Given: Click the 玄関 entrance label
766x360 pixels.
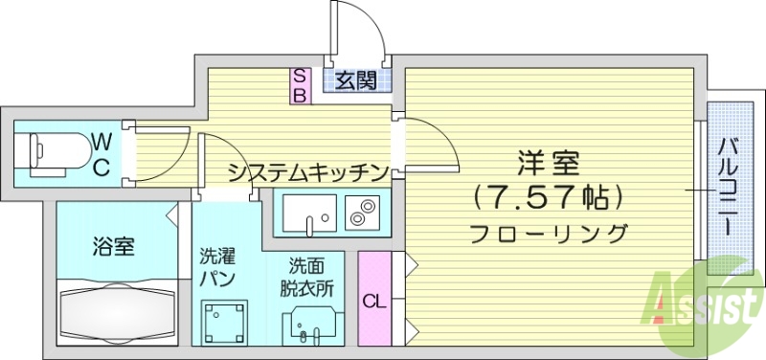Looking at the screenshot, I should [356, 81].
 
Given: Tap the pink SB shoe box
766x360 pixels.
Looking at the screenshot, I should [300, 85].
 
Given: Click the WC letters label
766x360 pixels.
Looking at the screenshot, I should [101, 154].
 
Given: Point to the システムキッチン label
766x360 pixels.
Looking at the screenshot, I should [307, 173].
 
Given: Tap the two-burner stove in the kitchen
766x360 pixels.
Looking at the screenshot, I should [361, 212].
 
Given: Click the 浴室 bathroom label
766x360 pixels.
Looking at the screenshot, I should [113, 246].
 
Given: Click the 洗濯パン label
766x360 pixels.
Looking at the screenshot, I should [216, 267].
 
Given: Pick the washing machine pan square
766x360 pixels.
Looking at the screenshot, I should [224, 323].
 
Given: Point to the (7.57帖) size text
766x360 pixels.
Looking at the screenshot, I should [549, 197].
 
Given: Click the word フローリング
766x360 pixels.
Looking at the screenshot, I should [549, 233].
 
